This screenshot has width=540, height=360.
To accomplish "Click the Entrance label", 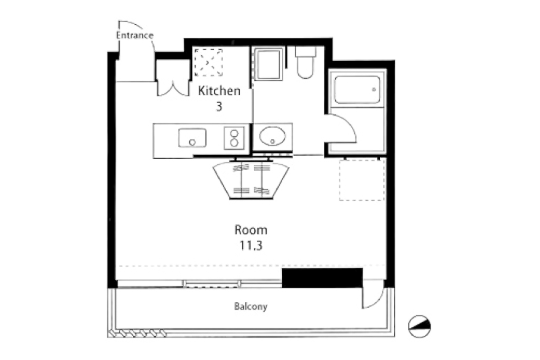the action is pyautogui.click(x=135, y=36).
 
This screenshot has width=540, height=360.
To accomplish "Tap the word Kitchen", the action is pyautogui.click(x=219, y=91).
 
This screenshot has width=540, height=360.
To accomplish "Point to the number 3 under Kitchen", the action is pyautogui.click(x=219, y=107).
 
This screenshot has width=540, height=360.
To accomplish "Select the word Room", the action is pyautogui.click(x=251, y=230).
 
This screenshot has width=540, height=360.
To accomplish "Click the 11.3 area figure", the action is pyautogui.click(x=251, y=246).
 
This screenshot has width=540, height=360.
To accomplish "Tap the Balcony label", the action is pyautogui.click(x=251, y=306).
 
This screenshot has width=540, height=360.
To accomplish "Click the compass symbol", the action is pyautogui.click(x=419, y=327).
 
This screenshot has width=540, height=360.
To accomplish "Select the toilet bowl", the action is pyautogui.click(x=306, y=63).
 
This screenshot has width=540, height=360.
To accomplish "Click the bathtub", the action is pyautogui.click(x=357, y=90).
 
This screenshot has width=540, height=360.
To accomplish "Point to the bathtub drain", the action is pyautogui.click(x=374, y=90).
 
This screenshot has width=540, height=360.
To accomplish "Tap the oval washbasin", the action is pyautogui.click(x=272, y=136).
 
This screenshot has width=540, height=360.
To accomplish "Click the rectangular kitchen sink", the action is pyautogui.click(x=192, y=138).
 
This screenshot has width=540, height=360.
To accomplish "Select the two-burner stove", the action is pyautogui.click(x=234, y=138).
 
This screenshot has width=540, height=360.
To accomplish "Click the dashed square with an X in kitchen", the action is pyautogui.click(x=208, y=63).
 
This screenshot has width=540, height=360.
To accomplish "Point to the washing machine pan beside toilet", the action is pyautogui.click(x=268, y=63).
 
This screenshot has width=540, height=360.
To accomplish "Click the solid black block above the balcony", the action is pyautogui.click(x=322, y=278).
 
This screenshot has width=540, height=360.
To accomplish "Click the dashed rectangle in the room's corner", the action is pyautogui.click(x=362, y=180).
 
